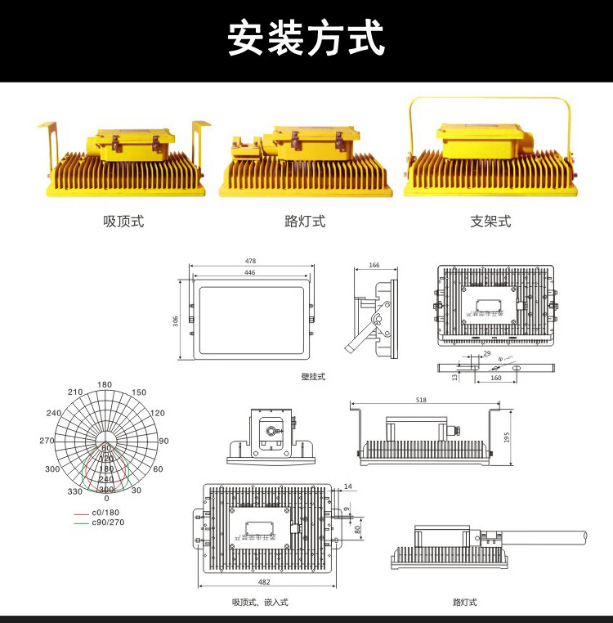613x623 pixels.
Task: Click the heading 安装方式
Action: point(306,38)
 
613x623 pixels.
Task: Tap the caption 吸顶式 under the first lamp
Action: point(123,222)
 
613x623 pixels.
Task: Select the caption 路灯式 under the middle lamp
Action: point(305,222)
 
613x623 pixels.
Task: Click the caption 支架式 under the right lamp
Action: point(490,222)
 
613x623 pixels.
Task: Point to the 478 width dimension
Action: point(250,261)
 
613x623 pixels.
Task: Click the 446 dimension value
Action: point(250,271)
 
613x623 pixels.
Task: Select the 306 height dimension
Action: point(176,320)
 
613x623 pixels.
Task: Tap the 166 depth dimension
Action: point(374,265)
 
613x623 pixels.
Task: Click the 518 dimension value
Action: point(421,400)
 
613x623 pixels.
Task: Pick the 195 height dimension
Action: point(508,438)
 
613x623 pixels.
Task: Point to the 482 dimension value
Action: point(264,582)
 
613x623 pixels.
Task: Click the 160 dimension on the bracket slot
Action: point(495,378)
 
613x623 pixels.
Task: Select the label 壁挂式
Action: point(313,377)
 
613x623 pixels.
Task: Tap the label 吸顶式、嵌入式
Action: point(260,603)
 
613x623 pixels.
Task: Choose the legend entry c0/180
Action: point(104,513)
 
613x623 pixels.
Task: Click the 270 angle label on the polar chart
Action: point(47,441)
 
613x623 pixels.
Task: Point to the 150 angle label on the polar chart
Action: point(139,392)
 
